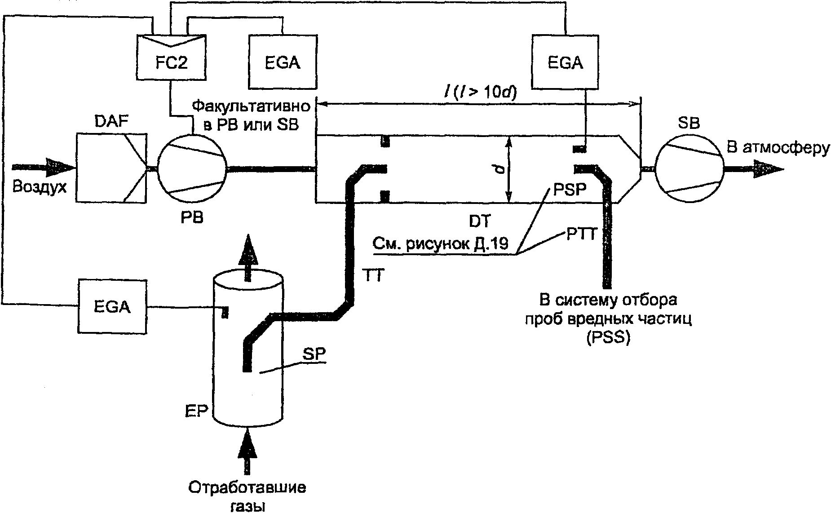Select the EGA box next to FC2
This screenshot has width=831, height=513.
pos(282,62)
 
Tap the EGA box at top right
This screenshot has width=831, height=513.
pos(565,62)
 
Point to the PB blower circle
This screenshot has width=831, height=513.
pos(193,168)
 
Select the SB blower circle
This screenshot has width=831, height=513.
pos(689,168)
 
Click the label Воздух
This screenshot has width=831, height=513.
pos(40,186)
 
